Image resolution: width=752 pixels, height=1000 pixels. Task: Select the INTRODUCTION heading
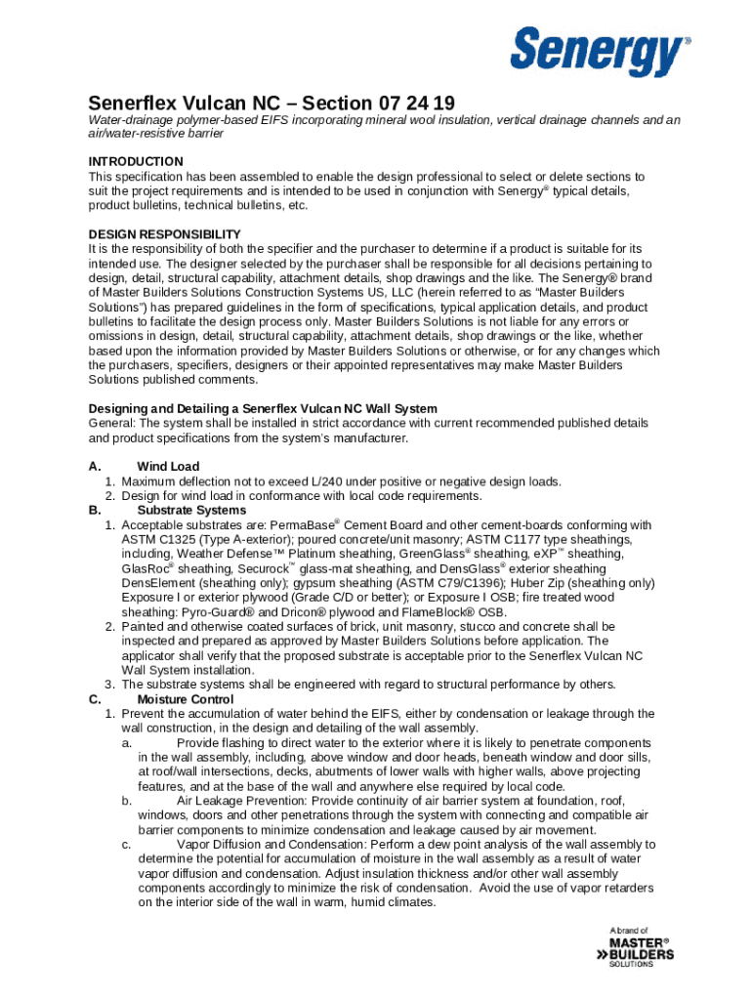point(136,161)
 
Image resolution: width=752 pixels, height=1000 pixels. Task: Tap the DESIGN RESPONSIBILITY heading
point(164,234)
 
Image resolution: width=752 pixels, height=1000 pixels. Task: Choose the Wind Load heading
point(168,467)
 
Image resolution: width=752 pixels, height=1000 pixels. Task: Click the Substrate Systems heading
point(191,511)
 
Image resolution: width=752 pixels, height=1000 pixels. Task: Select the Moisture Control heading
point(186,699)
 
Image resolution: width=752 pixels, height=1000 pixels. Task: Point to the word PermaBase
point(304,525)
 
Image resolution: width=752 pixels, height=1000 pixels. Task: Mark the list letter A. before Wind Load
point(94,467)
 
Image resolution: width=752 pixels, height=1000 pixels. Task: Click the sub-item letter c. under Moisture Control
point(127,844)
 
